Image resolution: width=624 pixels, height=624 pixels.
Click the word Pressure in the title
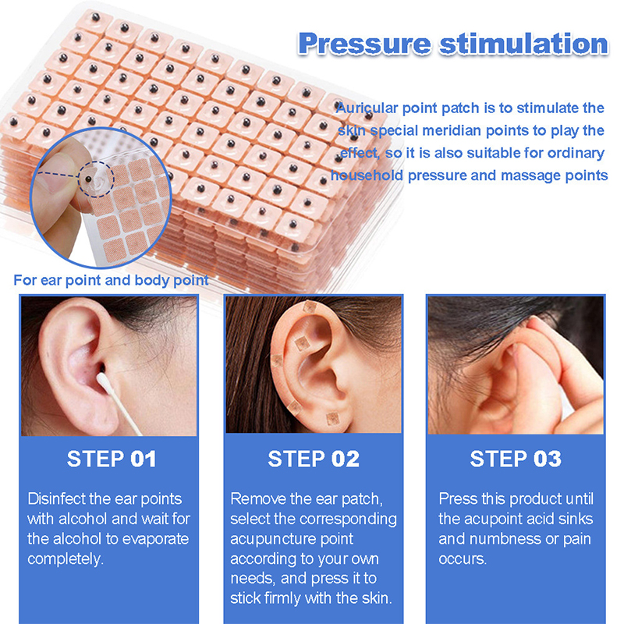click(364, 44)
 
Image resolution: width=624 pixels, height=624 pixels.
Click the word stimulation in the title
click(523, 44)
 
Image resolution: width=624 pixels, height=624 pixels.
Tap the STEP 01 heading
click(112, 459)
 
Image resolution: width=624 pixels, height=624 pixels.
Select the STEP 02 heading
click(314, 459)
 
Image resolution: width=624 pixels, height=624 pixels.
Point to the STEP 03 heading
click(516, 459)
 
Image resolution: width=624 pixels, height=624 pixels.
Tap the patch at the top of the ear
click(309, 307)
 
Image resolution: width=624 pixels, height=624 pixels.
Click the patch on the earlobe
click(332, 419)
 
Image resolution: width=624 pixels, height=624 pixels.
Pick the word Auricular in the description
click(367, 108)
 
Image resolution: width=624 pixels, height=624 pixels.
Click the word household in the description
click(367, 175)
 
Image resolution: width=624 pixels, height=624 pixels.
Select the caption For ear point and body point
click(111, 280)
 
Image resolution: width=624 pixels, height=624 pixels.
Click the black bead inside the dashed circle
click(88, 179)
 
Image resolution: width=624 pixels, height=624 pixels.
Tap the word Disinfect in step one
click(56, 499)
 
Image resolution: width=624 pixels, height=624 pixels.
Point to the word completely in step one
click(66, 559)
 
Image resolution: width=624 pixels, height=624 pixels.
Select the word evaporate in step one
click(155, 540)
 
